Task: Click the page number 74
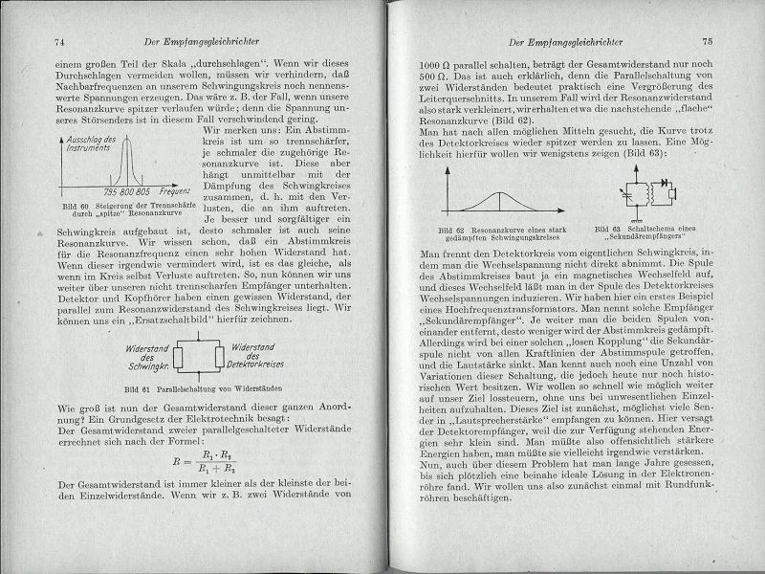[59, 41]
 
